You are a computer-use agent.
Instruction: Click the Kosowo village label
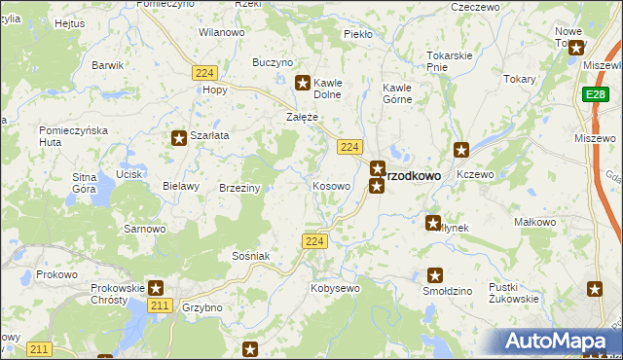(x=330, y=186)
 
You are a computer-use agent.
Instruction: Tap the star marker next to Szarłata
(x=179, y=138)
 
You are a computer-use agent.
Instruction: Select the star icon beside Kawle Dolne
(x=303, y=84)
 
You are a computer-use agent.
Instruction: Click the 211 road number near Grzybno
(x=162, y=306)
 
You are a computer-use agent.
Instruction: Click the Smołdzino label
(x=448, y=291)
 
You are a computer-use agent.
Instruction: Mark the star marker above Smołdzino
(x=436, y=274)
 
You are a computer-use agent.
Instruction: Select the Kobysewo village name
(x=335, y=288)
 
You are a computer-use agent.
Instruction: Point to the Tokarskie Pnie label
(x=450, y=60)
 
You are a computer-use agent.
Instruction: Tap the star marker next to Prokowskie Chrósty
(x=156, y=288)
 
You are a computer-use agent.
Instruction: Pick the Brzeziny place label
(x=239, y=188)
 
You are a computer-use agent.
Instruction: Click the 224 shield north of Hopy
(x=203, y=73)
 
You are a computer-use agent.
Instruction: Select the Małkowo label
(x=534, y=222)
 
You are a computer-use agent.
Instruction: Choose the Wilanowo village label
(x=221, y=32)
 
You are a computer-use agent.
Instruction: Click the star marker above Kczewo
(x=462, y=150)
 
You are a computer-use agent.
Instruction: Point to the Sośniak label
(x=250, y=255)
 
